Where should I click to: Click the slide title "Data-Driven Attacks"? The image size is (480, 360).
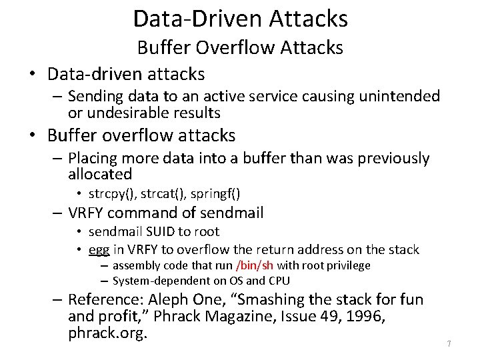click(x=240, y=18)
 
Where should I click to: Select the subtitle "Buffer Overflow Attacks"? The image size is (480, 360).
click(x=240, y=47)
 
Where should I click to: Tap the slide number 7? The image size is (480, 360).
click(x=449, y=343)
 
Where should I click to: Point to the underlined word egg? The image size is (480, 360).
click(x=99, y=249)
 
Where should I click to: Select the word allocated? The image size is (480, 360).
click(x=100, y=175)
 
